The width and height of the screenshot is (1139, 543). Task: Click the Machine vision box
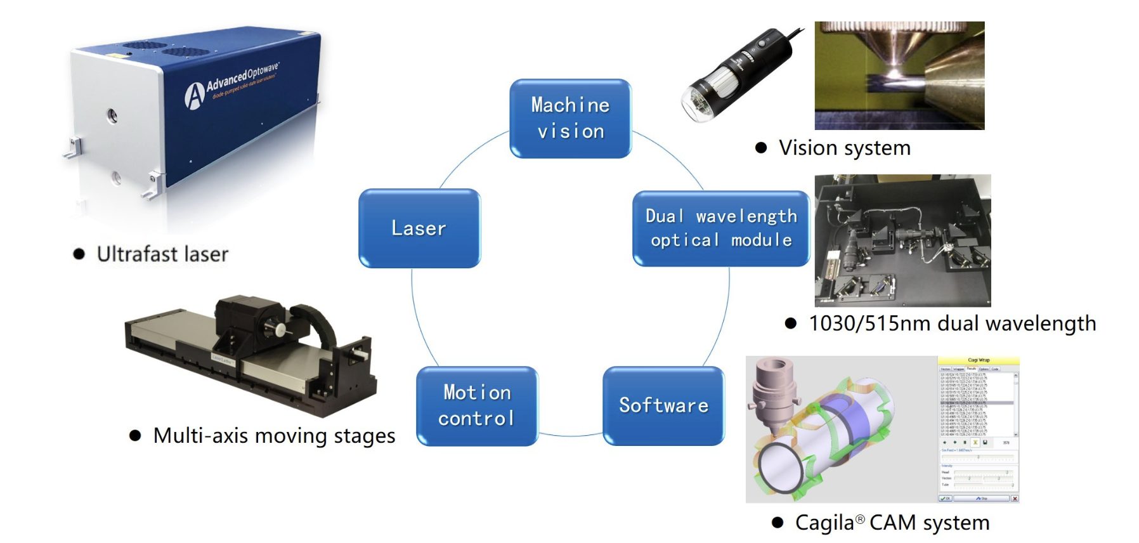(570, 118)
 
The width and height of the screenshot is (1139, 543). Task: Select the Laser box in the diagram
(419, 228)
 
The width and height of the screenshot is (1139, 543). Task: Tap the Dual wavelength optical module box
(720, 228)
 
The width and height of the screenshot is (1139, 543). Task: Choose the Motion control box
(477, 406)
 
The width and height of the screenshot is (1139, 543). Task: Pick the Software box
(663, 406)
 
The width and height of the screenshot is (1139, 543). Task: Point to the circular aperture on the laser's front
(112, 115)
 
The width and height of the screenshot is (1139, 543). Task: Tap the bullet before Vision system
(762, 148)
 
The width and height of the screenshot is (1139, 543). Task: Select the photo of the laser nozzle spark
(899, 75)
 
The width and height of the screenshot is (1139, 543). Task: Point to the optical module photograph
(902, 240)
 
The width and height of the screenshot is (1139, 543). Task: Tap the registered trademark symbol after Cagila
(860, 520)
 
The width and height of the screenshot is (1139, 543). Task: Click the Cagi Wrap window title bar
(978, 360)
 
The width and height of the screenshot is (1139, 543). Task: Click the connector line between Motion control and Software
(570, 435)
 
